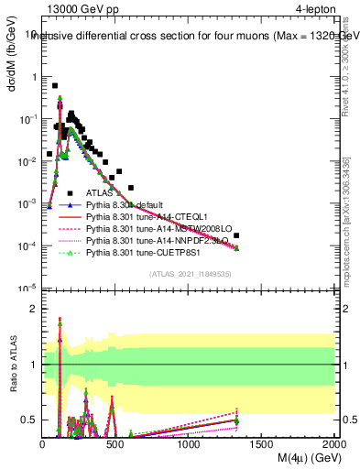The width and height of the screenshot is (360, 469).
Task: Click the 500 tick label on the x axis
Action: pos(116,444)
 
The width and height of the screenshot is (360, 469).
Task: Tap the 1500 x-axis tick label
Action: pos(262,444)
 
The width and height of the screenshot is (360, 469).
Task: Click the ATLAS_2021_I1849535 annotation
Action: pos(191,274)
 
